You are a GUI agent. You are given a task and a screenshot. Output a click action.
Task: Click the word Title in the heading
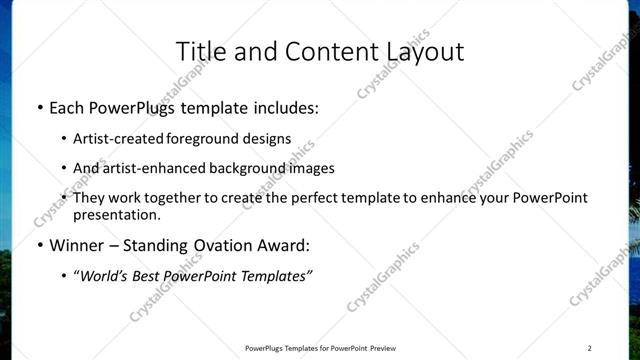pyautogui.click(x=200, y=50)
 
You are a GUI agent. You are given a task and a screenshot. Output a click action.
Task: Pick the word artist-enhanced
pyautogui.click(x=152, y=168)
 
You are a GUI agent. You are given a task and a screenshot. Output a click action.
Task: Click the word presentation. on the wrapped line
pyautogui.click(x=117, y=214)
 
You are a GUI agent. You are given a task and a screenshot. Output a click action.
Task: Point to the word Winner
pyautogui.click(x=77, y=244)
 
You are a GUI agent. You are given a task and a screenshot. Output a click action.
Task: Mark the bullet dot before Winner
pyautogui.click(x=39, y=244)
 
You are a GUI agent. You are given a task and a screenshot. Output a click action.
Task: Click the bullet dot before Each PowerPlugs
pyautogui.click(x=39, y=106)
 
